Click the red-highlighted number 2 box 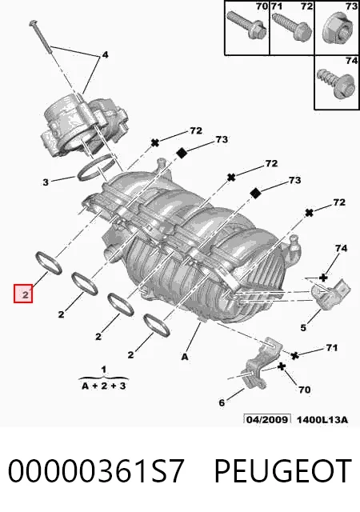pos(23,294)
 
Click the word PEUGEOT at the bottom pos(283,471)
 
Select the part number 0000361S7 pos(96,471)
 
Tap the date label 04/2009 pos(267,419)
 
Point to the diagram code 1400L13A pos(322,419)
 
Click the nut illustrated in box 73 pos(338,30)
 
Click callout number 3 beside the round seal pos(46,182)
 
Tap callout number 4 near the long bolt pos(105,55)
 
